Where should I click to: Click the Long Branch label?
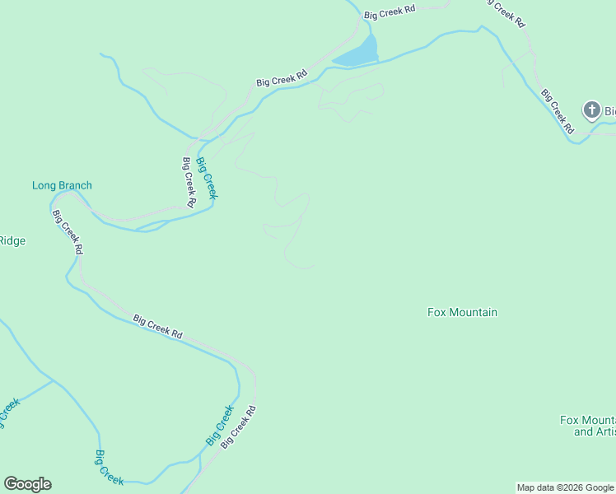[62, 185]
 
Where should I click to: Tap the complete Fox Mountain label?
[462, 312]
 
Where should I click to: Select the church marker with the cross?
[591, 110]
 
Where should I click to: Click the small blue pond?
[357, 54]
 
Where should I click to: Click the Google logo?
[27, 484]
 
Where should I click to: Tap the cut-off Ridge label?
[12, 241]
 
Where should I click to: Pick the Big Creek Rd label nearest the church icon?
[557, 110]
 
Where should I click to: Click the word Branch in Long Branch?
[75, 185]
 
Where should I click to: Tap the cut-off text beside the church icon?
[610, 110]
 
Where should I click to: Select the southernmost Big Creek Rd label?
[239, 426]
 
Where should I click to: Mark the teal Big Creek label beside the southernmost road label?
[220, 426]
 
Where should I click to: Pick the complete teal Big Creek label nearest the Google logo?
[110, 467]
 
